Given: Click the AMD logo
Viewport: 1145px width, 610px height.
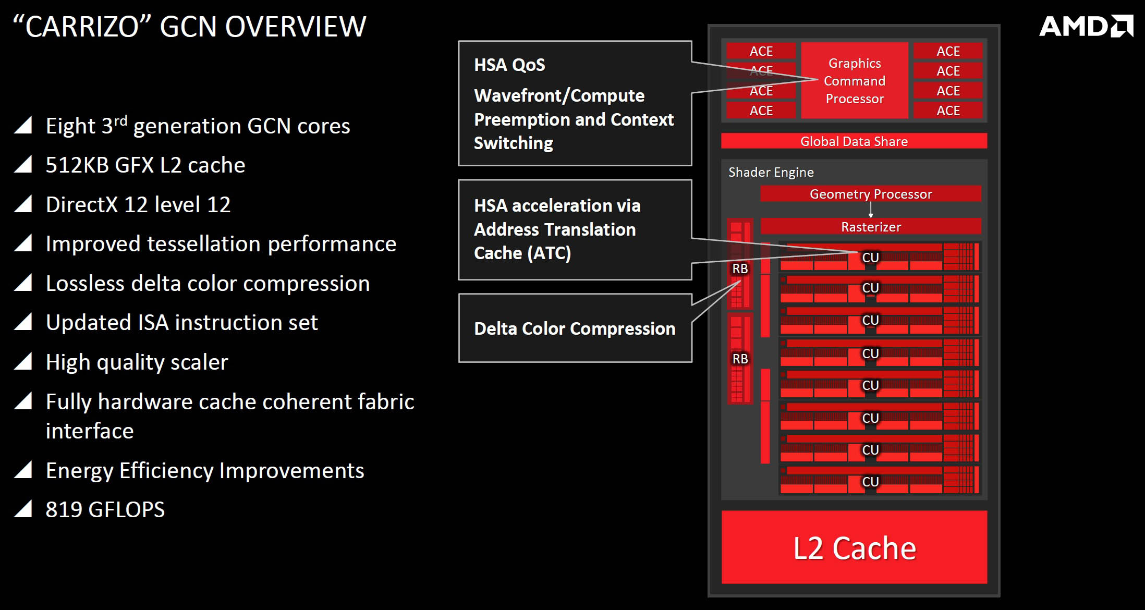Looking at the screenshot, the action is click(1086, 26).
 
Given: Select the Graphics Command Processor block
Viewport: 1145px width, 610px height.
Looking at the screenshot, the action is click(855, 81).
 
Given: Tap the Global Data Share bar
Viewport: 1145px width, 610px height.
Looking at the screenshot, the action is click(854, 141).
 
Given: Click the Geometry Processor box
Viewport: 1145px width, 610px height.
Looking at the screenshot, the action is click(871, 194).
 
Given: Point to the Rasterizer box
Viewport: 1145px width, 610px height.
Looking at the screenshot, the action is click(871, 227).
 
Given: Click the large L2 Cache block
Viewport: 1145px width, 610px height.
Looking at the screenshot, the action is click(854, 547).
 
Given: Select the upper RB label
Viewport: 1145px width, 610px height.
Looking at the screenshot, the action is click(740, 269).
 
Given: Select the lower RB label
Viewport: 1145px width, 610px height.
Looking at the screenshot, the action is click(740, 359).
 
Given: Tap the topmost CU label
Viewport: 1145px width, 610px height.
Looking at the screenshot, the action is click(870, 258).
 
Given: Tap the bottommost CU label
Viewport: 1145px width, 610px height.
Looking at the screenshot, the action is click(870, 482).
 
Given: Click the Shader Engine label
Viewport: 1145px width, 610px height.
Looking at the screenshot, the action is click(771, 172).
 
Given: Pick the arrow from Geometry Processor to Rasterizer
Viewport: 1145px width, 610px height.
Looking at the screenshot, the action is click(871, 210).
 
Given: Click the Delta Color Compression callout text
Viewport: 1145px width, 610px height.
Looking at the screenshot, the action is click(575, 328).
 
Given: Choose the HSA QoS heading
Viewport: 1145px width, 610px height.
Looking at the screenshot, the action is click(509, 65).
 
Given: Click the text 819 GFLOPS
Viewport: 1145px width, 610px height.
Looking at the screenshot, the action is click(105, 509).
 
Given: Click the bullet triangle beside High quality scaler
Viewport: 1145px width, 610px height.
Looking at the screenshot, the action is click(23, 361).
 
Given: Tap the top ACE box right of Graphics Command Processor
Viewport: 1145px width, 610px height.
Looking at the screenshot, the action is click(948, 51).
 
